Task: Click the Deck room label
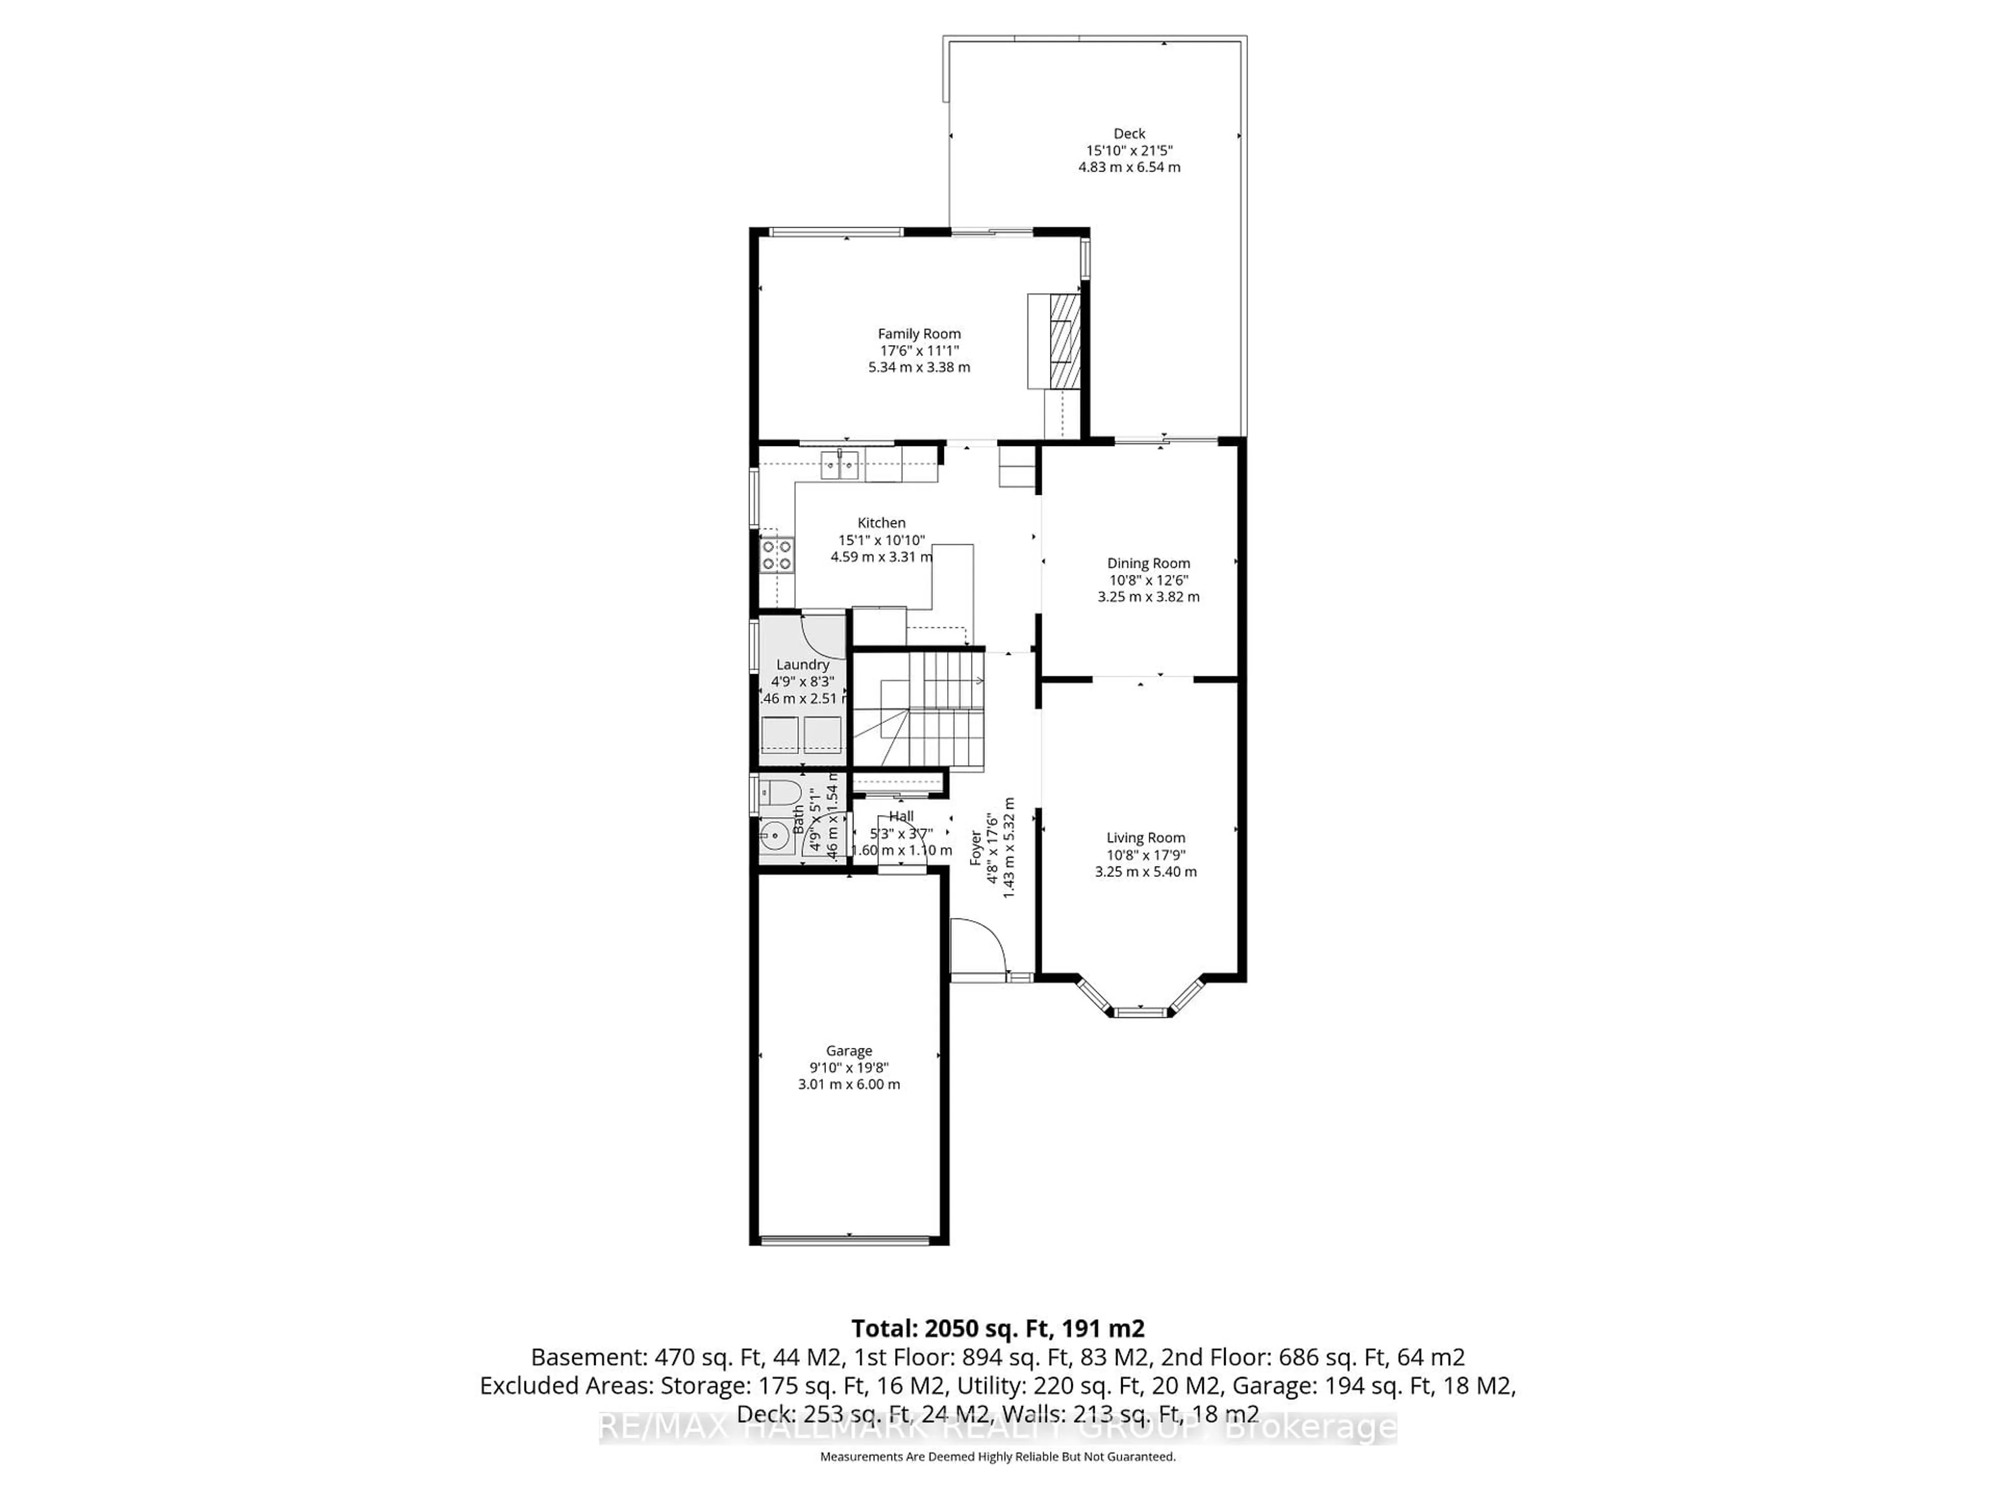pos(1129,134)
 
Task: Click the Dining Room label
pos(1148,563)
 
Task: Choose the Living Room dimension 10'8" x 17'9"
pos(1145,855)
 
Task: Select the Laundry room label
pos(802,664)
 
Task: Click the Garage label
pos(848,1050)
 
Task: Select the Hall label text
pos(901,816)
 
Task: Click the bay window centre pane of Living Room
pos(1141,1013)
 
